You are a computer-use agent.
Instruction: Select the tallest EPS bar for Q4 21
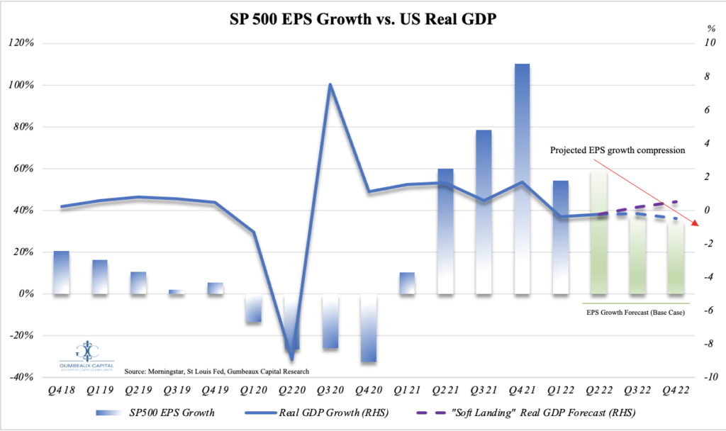tap(522, 177)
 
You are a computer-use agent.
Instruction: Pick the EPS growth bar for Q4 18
tap(62, 272)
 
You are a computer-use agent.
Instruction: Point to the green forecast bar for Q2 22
tap(599, 230)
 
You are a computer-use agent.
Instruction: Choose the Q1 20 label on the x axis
tap(253, 391)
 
